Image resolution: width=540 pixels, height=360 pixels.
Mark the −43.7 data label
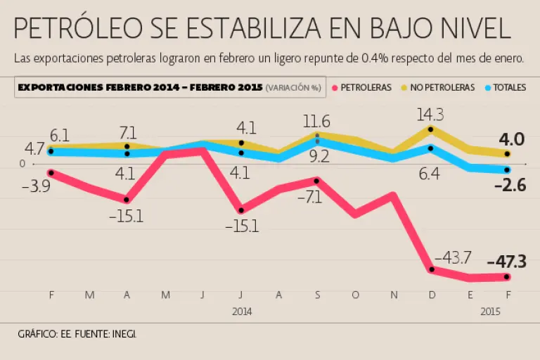(x=453, y=258)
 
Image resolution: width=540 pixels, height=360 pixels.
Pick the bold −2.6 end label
(x=511, y=186)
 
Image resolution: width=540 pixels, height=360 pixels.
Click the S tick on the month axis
(x=317, y=295)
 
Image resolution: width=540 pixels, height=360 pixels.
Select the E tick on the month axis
(x=469, y=295)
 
